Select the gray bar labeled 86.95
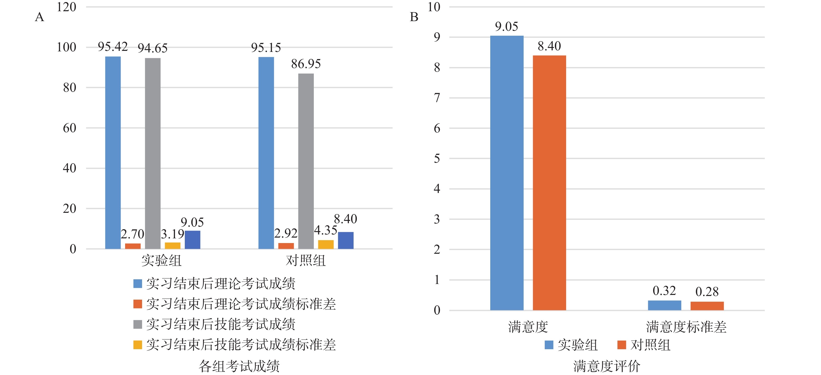coord(306,161)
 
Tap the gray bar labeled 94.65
coord(153,153)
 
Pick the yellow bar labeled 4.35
coord(326,244)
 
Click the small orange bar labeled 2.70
coord(133,246)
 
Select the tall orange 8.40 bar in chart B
coord(549,183)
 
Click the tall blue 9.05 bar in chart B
coord(506,173)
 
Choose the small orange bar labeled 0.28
coord(707,306)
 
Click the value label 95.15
coord(266,48)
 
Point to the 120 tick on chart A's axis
coord(66,7)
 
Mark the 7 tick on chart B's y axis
coord(437,98)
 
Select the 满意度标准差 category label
coord(686,327)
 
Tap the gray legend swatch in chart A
coord(137,324)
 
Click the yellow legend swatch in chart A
coord(137,345)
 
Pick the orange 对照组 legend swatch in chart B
coord(622,345)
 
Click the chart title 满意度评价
coord(606,366)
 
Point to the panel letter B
coord(414,17)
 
